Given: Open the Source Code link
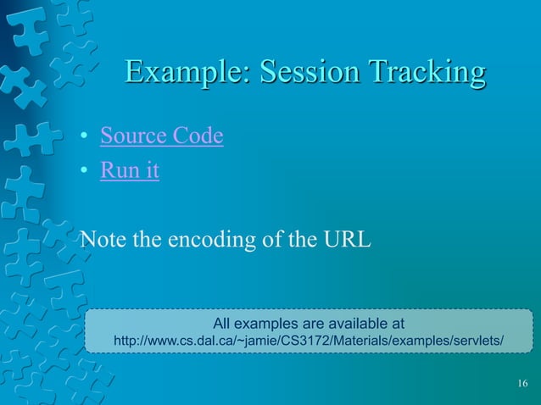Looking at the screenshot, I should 161,136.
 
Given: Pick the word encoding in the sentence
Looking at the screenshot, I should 207,240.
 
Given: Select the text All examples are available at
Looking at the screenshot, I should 308,324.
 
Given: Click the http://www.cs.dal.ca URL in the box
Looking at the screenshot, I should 308,341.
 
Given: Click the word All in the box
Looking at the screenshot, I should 222,324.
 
